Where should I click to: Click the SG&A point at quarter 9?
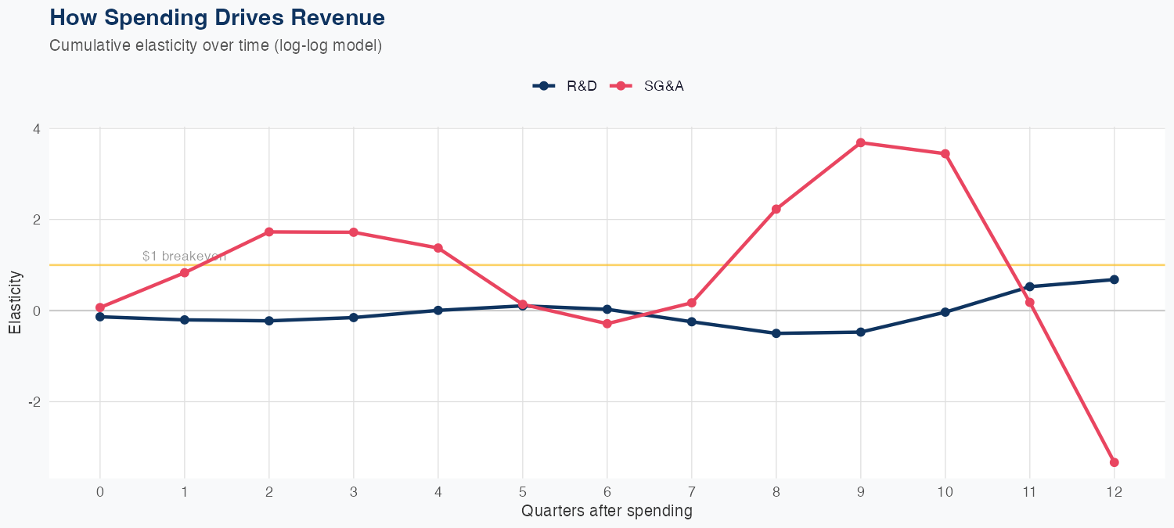pyautogui.click(x=860, y=142)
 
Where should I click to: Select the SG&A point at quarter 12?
pyautogui.click(x=1114, y=462)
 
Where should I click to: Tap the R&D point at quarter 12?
pyautogui.click(x=1114, y=279)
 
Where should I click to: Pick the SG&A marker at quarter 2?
pyautogui.click(x=269, y=232)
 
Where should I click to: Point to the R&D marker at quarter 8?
pyautogui.click(x=776, y=333)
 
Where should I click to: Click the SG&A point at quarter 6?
pyautogui.click(x=607, y=323)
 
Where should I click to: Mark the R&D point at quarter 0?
pyautogui.click(x=100, y=317)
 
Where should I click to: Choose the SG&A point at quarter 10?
pyautogui.click(x=945, y=153)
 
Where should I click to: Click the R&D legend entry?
pyautogui.click(x=565, y=86)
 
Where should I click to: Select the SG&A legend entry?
pyautogui.click(x=649, y=86)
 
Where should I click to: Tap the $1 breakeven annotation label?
pyautogui.click(x=184, y=256)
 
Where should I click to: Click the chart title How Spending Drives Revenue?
pyautogui.click(x=217, y=17)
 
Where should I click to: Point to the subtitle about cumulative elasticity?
pyautogui.click(x=215, y=45)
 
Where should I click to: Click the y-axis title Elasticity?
pyautogui.click(x=15, y=303)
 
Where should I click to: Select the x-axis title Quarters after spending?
pyautogui.click(x=607, y=512)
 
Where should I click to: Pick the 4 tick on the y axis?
pyautogui.click(x=36, y=128)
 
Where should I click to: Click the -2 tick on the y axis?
pyautogui.click(x=34, y=401)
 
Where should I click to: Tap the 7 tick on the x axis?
pyautogui.click(x=691, y=492)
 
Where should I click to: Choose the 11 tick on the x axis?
pyautogui.click(x=1029, y=492)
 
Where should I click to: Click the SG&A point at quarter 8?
pyautogui.click(x=776, y=209)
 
